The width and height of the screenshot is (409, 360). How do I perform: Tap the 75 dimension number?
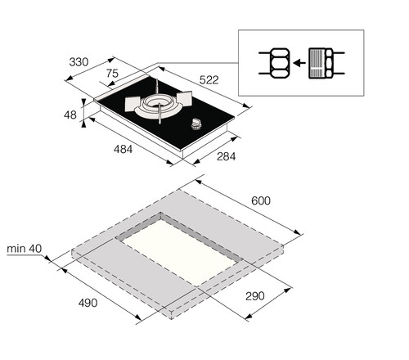112,74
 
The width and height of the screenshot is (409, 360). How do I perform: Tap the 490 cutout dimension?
87,303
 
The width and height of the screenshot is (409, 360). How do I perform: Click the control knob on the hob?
196,124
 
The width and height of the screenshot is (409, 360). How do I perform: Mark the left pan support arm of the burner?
132,105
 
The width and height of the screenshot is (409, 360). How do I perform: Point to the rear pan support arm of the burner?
155,89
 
